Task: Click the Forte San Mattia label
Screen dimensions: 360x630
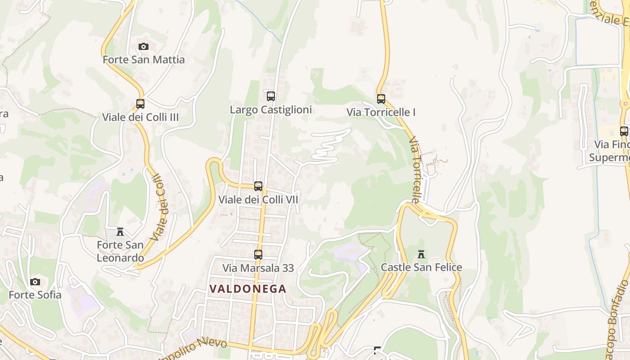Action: click(x=144, y=59)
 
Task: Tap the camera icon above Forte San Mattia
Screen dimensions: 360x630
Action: click(x=144, y=46)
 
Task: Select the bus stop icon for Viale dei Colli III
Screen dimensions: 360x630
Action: click(x=140, y=104)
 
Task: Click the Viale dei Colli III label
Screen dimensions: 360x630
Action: click(x=140, y=117)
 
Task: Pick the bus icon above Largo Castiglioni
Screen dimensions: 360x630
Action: click(x=271, y=96)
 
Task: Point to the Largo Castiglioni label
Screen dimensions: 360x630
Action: click(x=271, y=110)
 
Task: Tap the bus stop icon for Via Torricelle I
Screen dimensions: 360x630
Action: click(x=381, y=99)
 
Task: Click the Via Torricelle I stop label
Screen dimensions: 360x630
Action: click(x=381, y=112)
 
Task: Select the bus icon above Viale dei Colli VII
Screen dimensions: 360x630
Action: click(x=258, y=186)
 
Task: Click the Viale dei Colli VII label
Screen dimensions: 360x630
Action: click(x=258, y=199)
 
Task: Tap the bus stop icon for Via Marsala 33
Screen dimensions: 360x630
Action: click(x=258, y=255)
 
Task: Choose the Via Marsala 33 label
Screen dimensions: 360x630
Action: click(x=258, y=268)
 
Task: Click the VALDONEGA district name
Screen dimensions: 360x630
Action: click(x=248, y=289)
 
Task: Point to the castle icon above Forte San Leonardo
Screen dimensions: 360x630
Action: click(x=120, y=232)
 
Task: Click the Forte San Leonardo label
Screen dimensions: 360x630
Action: click(x=120, y=252)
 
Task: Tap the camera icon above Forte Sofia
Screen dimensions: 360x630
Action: click(x=35, y=282)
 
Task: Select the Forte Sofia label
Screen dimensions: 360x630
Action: click(x=35, y=295)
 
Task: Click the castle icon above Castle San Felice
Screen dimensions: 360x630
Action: click(x=421, y=254)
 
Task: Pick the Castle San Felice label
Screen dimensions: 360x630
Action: click(x=421, y=267)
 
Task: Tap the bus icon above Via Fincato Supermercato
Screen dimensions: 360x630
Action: click(x=624, y=131)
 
